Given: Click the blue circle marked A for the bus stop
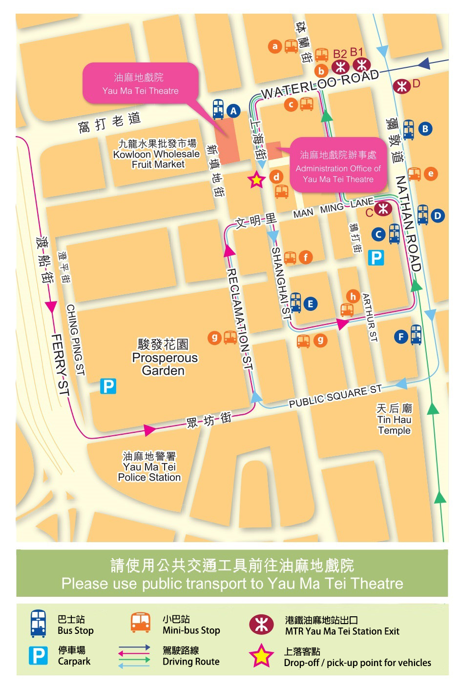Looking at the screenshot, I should [x=233, y=111].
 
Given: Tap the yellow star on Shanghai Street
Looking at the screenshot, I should [x=256, y=180].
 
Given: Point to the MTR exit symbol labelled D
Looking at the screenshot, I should [x=402, y=86].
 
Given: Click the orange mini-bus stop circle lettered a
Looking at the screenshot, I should [x=275, y=46].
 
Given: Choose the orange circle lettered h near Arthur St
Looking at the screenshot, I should [x=353, y=296].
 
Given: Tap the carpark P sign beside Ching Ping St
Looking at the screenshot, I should [x=108, y=386].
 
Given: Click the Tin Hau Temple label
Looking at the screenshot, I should [x=394, y=419].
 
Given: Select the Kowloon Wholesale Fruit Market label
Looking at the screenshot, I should [x=157, y=154].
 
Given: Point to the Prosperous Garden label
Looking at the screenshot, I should [x=165, y=358].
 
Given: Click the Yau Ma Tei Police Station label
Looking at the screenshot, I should [x=149, y=467].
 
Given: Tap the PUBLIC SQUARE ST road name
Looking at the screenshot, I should [x=335, y=396].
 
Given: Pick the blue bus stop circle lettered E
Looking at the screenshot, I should [x=310, y=304].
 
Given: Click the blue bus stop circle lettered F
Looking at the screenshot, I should [x=401, y=336].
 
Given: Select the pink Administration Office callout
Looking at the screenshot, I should [x=338, y=167].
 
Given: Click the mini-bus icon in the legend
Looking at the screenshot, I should [x=141, y=623].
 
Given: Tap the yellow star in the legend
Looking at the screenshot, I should [x=262, y=656].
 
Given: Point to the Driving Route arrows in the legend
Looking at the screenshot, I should [x=134, y=656].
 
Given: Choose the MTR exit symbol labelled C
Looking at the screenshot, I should [x=383, y=209].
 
